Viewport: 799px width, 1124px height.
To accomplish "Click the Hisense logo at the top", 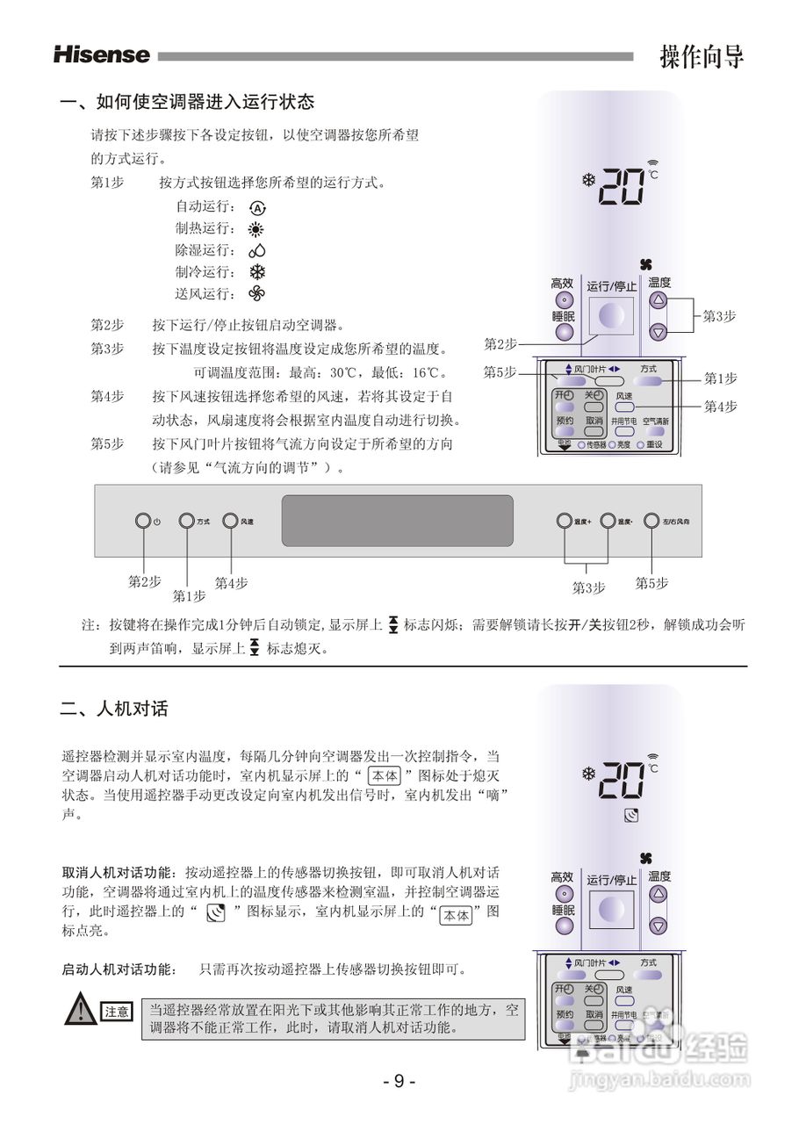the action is tap(102, 54).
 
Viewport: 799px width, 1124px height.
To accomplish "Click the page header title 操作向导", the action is tap(702, 57).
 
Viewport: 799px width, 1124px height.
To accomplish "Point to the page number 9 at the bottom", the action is tap(399, 1081).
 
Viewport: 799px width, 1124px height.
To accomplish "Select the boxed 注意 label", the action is tap(117, 1012).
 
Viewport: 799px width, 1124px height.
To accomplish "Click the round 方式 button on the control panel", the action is tap(186, 521).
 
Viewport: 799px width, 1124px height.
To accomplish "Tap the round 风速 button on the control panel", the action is tap(230, 521).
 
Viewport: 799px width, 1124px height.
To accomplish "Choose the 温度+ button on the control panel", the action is tap(564, 521).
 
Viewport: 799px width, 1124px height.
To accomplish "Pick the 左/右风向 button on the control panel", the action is tap(651, 521).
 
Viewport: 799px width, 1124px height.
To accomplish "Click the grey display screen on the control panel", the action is tap(397, 520).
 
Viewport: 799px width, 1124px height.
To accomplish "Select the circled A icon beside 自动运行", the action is tap(256, 208).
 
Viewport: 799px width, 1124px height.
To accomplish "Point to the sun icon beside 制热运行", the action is tap(256, 229).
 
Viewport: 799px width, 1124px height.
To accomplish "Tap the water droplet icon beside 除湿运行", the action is tap(256, 251).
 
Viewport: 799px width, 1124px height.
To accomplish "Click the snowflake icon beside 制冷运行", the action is tap(257, 272).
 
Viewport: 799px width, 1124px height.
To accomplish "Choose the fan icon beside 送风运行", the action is tap(256, 293).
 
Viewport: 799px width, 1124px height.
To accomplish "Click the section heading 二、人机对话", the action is tap(113, 709).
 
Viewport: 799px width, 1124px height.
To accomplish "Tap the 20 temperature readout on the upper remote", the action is tap(622, 186).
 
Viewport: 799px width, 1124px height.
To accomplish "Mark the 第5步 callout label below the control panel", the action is tap(651, 583).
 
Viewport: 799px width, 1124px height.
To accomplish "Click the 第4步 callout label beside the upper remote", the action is tap(720, 406).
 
